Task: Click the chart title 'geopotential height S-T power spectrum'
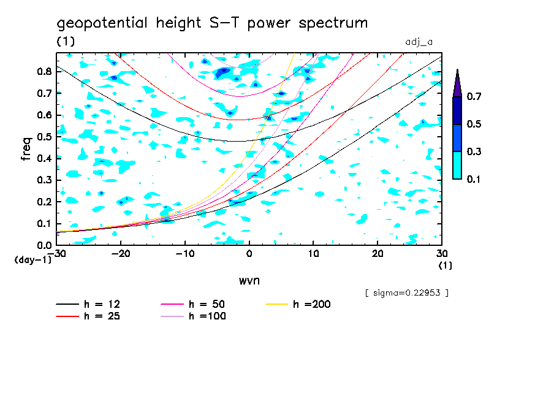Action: pos(212,24)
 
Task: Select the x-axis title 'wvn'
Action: pos(249,280)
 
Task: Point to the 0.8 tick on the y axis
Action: pos(43,71)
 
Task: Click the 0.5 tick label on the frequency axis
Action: pos(43,137)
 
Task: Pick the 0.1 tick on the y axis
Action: pos(43,224)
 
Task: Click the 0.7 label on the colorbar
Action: pos(474,97)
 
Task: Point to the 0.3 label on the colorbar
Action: pos(474,151)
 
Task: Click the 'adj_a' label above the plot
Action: pos(419,42)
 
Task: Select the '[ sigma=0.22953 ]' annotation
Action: pos(406,292)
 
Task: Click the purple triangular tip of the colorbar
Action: pos(457,83)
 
